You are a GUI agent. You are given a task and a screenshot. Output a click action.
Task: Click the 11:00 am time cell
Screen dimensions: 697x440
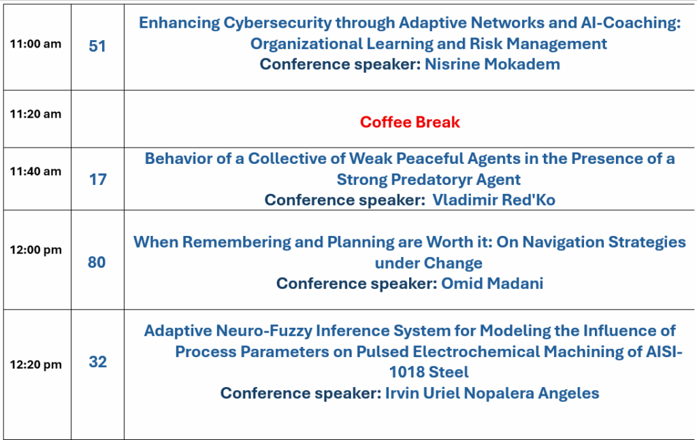(x=35, y=44)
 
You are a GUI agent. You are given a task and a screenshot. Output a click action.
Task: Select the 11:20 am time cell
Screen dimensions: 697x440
(x=35, y=114)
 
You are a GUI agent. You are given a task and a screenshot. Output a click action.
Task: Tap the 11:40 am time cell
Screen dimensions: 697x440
(x=35, y=171)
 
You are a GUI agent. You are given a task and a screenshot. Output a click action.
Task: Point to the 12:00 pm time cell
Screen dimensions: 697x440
(x=35, y=250)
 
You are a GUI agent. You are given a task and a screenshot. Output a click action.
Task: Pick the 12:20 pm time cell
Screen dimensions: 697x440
(x=35, y=365)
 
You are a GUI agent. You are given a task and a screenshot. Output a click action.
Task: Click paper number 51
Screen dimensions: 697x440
(x=97, y=46)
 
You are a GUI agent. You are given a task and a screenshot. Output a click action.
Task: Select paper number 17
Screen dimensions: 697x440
(x=98, y=180)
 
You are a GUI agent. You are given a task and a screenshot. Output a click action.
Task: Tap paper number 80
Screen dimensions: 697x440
(x=97, y=263)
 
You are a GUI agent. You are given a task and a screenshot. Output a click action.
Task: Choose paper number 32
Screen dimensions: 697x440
(x=98, y=362)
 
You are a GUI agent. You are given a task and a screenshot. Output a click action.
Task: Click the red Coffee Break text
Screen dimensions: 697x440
(x=410, y=122)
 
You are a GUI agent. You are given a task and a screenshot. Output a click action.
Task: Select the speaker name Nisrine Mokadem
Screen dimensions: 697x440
(x=492, y=65)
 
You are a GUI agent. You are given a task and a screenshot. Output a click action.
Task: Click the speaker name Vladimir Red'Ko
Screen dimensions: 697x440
(x=494, y=200)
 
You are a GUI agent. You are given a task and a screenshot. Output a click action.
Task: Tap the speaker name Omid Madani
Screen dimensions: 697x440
(x=492, y=284)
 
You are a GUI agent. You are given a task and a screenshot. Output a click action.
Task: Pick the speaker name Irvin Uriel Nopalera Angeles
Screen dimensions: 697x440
(x=492, y=393)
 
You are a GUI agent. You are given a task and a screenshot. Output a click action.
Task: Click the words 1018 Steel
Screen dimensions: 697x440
(x=429, y=372)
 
